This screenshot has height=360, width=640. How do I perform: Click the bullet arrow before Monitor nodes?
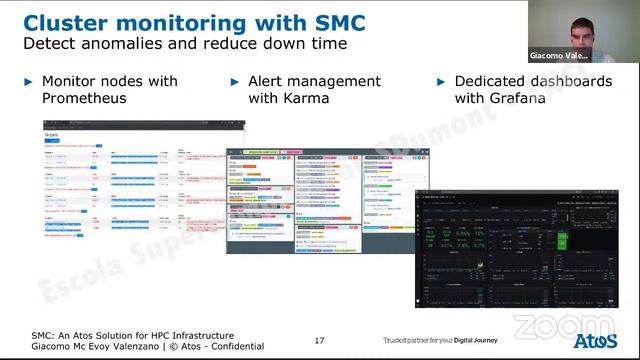[x=28, y=81]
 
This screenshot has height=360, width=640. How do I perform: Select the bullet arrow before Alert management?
[x=236, y=81]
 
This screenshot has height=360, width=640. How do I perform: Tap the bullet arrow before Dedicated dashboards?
[x=441, y=81]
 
